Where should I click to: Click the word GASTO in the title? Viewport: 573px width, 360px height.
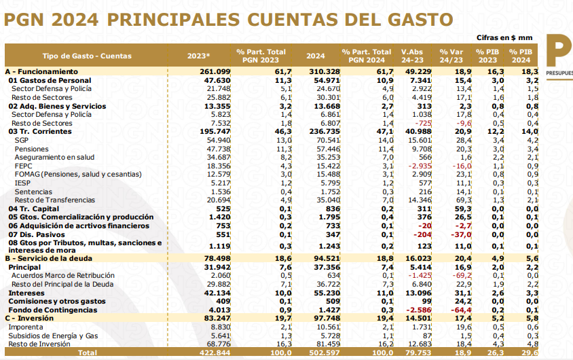tap(420, 20)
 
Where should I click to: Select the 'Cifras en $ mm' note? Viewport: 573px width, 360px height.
tap(504, 37)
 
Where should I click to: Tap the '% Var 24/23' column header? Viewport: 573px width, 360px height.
tap(451, 56)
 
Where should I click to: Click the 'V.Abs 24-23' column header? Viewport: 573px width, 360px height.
tap(412, 56)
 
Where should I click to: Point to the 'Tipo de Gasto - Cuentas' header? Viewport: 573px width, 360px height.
tap(87, 56)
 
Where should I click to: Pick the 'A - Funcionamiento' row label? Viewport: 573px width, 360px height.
tap(41, 71)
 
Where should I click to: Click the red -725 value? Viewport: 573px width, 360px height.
tap(423, 123)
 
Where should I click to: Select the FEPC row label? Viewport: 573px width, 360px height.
tap(23, 166)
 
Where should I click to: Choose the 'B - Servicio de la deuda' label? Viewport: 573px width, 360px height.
tap(49, 258)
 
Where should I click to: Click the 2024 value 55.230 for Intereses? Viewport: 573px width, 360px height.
tap(327, 293)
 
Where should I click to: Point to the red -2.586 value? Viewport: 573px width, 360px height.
tap(419, 310)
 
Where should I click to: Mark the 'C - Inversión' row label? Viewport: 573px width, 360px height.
tap(29, 319)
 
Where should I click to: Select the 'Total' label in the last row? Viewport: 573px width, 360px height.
tap(88, 353)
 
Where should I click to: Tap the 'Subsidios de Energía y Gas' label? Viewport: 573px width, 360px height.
tap(53, 336)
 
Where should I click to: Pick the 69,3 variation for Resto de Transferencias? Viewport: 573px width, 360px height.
tap(464, 200)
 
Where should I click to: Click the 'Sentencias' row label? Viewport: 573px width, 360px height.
tap(33, 192)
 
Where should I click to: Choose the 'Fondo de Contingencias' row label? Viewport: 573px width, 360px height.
tap(53, 310)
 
